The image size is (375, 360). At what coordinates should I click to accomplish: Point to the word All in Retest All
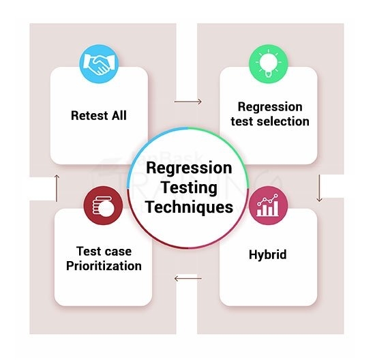(119, 115)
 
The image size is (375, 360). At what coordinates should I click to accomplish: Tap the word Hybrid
(267, 254)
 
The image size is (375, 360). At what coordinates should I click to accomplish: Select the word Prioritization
(104, 265)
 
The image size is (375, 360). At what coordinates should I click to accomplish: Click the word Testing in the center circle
(190, 187)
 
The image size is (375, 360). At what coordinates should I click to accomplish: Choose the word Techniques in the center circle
(190, 206)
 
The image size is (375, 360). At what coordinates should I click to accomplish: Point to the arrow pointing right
(187, 102)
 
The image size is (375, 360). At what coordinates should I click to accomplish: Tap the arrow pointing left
(187, 277)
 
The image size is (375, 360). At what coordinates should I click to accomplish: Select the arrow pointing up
(57, 184)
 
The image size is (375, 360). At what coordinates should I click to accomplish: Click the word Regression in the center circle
(190, 168)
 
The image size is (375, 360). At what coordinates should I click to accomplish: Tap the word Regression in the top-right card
(270, 107)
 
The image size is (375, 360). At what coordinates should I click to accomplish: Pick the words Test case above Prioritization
(104, 251)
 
